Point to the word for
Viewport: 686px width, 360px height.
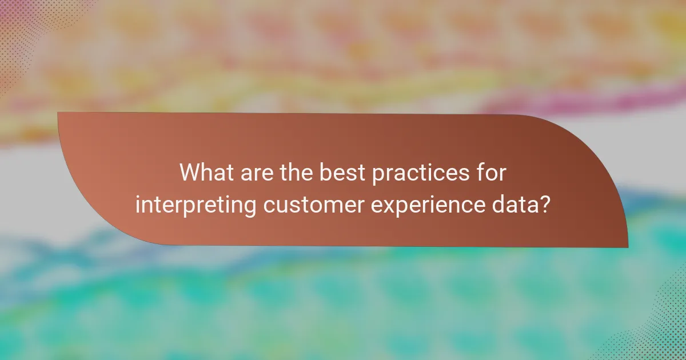click(492, 173)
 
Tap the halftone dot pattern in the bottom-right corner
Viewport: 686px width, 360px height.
click(663, 337)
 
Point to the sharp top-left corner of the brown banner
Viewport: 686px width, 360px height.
click(58, 113)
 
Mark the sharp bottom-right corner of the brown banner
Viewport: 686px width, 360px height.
click(627, 247)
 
